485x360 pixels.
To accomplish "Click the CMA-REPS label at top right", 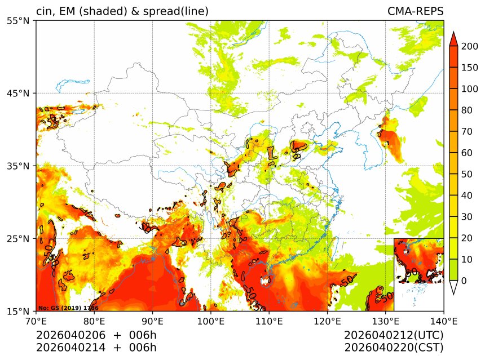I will pyautogui.click(x=415, y=11).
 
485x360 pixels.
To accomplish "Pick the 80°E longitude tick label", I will pyautogui.click(x=94, y=321).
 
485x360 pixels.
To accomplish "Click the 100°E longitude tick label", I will pyautogui.click(x=210, y=321).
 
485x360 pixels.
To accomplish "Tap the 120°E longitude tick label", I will pyautogui.click(x=327, y=321).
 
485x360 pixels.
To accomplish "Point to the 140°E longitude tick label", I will pyautogui.click(x=443, y=321).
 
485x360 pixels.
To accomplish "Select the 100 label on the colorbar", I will pyautogui.click(x=470, y=89).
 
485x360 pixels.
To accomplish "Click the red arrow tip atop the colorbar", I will pyautogui.click(x=453, y=37).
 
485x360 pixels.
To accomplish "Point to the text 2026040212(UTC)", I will pyautogui.click(x=394, y=336).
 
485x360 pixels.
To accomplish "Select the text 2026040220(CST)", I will pyautogui.click(x=394, y=347).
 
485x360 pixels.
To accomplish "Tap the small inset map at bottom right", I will pyautogui.click(x=418, y=274).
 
